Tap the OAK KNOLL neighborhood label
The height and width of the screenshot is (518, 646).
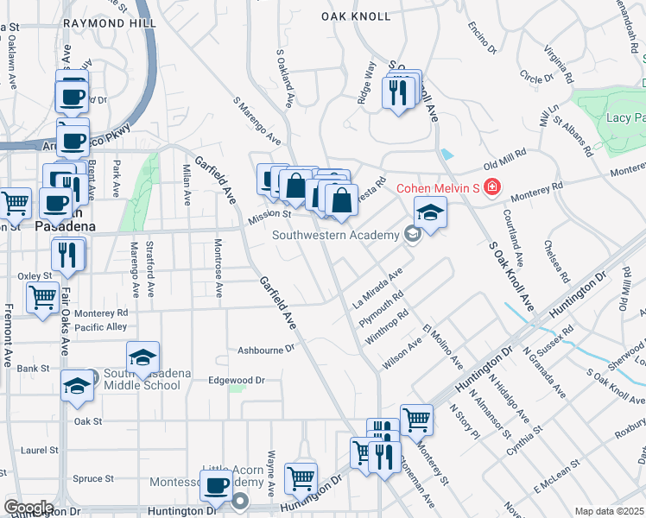(x=351, y=16)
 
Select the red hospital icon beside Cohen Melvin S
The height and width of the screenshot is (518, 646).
(x=492, y=187)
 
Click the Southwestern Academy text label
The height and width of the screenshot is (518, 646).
(x=335, y=234)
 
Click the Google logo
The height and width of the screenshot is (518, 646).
(x=28, y=508)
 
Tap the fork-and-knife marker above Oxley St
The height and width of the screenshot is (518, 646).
(x=66, y=255)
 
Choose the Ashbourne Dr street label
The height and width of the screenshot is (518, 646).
(x=266, y=350)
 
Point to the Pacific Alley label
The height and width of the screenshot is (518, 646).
(x=100, y=327)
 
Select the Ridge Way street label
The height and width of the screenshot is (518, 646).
(x=367, y=71)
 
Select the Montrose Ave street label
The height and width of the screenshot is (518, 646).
(x=218, y=271)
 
